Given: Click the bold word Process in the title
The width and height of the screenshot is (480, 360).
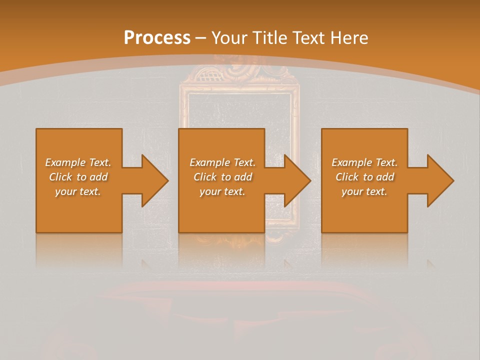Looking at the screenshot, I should [157, 38].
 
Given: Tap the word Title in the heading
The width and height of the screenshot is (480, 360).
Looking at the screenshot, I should [270, 38].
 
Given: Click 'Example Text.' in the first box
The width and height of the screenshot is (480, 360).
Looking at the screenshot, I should [78, 162].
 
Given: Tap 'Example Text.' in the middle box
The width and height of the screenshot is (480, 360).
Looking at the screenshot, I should [222, 162].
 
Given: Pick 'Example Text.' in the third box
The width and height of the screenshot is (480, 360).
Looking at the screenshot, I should [364, 162].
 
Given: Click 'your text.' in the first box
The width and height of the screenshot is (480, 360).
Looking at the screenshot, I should [78, 191].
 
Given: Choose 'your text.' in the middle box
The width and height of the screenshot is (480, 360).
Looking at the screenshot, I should [222, 191].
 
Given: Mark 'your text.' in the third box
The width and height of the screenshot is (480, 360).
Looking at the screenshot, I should [364, 191].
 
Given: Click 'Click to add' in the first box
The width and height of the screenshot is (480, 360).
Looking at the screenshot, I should [78, 177].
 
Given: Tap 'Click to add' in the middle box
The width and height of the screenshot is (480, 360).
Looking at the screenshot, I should [222, 177].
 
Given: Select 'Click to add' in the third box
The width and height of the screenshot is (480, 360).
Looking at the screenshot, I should [364, 177].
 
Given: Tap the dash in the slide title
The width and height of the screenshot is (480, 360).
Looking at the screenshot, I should [201, 38].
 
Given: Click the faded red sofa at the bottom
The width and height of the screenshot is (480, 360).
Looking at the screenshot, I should [235, 320].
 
